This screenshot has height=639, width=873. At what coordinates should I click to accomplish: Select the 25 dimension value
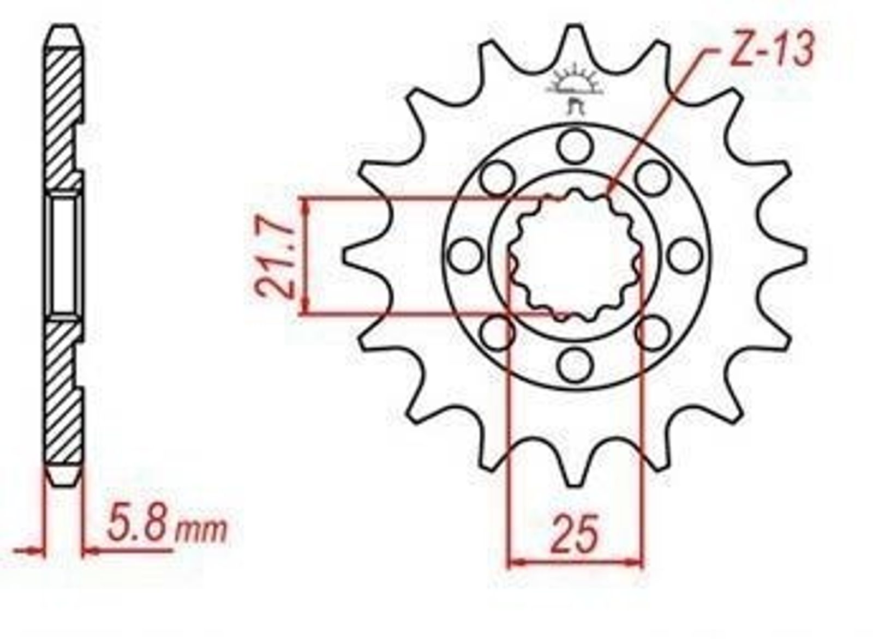pyautogui.click(x=575, y=535)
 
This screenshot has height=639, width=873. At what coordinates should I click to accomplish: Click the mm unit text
pyautogui.click(x=201, y=531)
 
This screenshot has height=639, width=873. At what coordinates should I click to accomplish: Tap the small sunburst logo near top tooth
pyautogui.click(x=575, y=88)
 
